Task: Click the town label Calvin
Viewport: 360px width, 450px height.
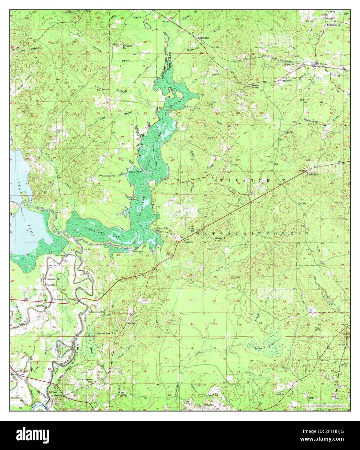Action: [x=324, y=64]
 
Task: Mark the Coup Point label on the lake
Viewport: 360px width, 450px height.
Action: [x=135, y=172]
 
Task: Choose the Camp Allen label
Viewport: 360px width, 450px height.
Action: [x=163, y=229]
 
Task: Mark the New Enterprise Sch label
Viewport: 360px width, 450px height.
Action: [x=85, y=380]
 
